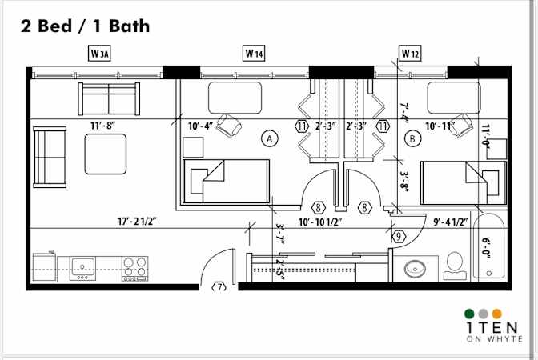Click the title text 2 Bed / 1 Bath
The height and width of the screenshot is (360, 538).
[x=84, y=26]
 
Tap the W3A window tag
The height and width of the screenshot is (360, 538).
[x=99, y=54]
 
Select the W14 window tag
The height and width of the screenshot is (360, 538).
[x=254, y=54]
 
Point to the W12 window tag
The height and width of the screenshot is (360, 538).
[x=410, y=54]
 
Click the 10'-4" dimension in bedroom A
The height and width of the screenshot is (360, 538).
[x=199, y=126]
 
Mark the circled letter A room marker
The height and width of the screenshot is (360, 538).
[x=270, y=138]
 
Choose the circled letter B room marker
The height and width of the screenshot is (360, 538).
[x=413, y=138]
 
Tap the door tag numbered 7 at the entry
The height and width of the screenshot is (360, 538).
[x=218, y=286]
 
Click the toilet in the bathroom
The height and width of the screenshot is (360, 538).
[x=455, y=265]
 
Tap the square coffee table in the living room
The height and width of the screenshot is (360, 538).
[x=106, y=154]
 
